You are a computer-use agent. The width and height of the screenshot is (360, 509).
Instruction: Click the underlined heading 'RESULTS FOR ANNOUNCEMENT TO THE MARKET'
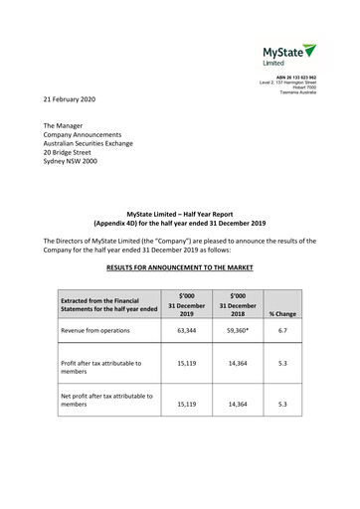[180, 267]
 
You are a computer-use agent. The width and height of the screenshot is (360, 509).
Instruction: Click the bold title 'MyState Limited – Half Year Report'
[180, 214]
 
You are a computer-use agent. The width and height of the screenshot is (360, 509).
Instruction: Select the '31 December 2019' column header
[185, 304]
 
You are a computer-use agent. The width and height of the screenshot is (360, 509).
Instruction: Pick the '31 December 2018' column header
[238, 304]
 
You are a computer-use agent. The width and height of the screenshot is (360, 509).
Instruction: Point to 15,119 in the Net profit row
[185, 405]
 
